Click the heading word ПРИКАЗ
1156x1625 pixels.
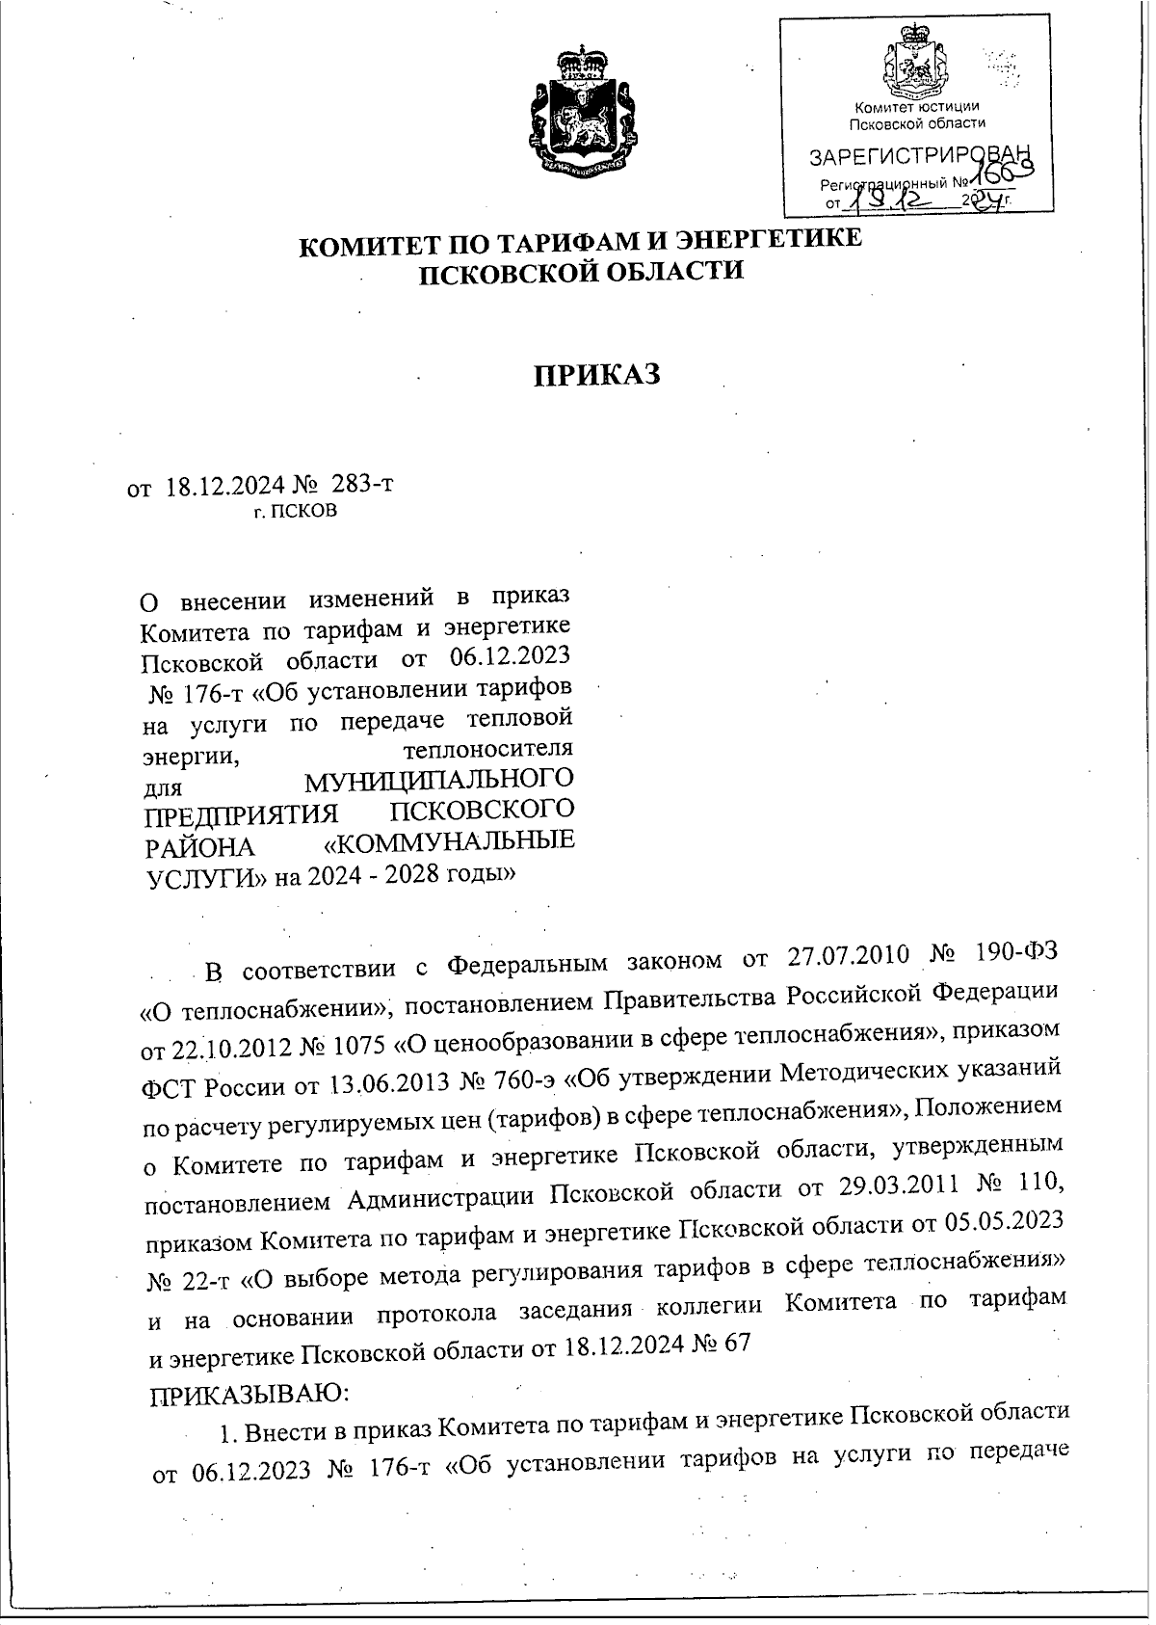[x=597, y=375]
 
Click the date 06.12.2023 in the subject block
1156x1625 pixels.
[x=511, y=658]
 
